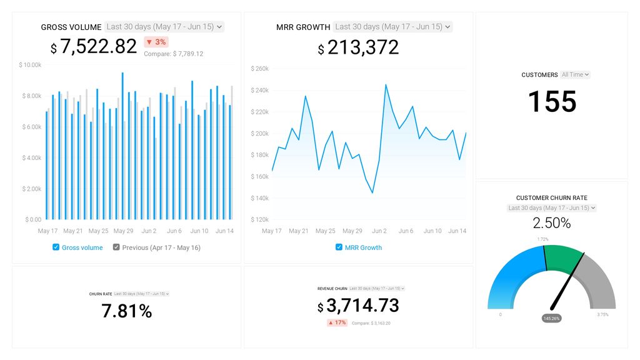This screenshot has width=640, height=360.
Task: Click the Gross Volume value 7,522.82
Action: pyautogui.click(x=98, y=47)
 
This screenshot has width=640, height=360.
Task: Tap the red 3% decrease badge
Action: pyautogui.click(x=156, y=42)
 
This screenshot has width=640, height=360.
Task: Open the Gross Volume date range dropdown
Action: pyautogui.click(x=164, y=27)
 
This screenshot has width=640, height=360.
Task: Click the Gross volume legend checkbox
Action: pyautogui.click(x=56, y=247)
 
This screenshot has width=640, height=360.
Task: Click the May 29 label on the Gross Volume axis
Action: pyautogui.click(x=124, y=231)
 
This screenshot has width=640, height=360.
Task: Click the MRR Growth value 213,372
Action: pyautogui.click(x=362, y=47)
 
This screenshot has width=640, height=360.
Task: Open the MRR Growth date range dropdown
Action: pyautogui.click(x=392, y=27)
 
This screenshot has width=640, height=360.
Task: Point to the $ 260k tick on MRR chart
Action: pyautogui.click(x=259, y=69)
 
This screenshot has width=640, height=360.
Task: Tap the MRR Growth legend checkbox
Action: pyautogui.click(x=339, y=247)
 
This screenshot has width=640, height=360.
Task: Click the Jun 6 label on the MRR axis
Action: pyautogui.click(x=406, y=231)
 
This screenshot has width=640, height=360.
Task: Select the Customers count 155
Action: pyautogui.click(x=552, y=102)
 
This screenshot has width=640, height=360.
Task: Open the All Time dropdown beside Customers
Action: pyautogui.click(x=575, y=74)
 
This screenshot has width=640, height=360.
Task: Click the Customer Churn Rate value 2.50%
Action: pyautogui.click(x=551, y=223)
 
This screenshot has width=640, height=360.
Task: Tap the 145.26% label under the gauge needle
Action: pyautogui.click(x=551, y=318)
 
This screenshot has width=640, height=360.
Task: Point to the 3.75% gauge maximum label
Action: pyautogui.click(x=602, y=315)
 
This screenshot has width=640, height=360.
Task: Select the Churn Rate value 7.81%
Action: pyautogui.click(x=127, y=311)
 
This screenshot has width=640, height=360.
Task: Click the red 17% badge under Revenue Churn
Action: pyautogui.click(x=337, y=323)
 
